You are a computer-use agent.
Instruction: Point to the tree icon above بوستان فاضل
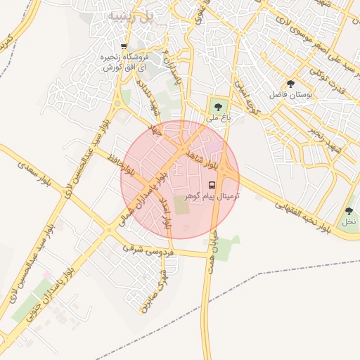[x=290, y=84]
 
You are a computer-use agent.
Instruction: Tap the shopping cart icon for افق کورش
[x=124, y=47]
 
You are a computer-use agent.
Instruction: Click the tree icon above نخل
[x=349, y=211]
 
